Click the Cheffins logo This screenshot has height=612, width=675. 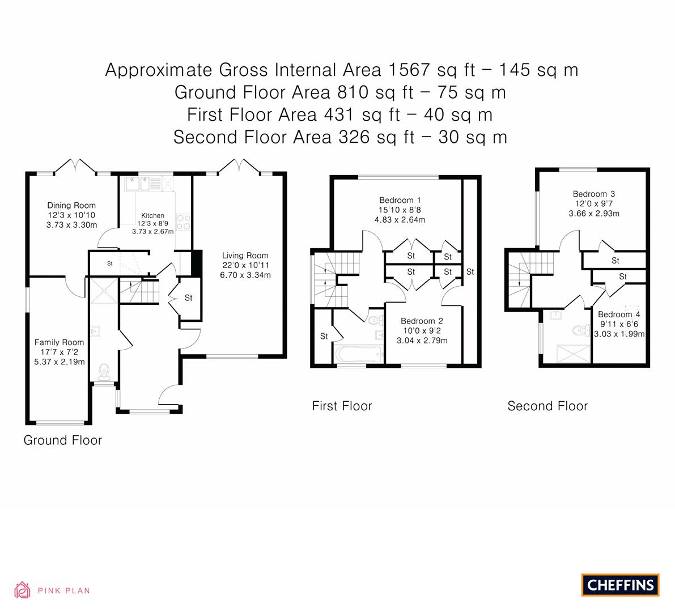click(620, 585)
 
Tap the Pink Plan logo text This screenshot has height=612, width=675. click(63, 591)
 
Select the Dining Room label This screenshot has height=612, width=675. click(71, 205)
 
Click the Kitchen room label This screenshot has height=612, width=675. click(152, 216)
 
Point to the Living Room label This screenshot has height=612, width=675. click(245, 256)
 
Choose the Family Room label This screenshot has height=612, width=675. click(60, 342)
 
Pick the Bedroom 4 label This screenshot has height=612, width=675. click(619, 314)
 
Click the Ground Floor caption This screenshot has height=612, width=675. click(62, 440)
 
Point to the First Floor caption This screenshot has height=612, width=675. click(342, 406)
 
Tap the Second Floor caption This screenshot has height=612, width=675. click(547, 406)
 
